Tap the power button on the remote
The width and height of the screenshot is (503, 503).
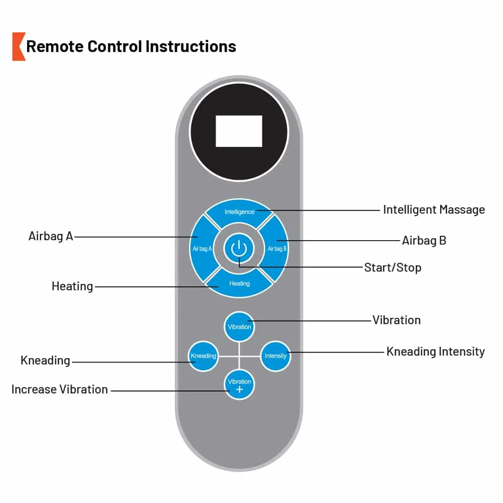[x=239, y=249]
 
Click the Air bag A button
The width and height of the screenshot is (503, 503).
[x=202, y=249]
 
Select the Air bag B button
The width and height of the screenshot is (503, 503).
[x=276, y=249]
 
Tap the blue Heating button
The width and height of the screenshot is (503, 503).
[x=239, y=283]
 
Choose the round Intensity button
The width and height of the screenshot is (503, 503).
[x=276, y=356]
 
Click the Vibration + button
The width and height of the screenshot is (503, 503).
[x=239, y=385]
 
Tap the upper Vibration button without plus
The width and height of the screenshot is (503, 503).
[x=239, y=327]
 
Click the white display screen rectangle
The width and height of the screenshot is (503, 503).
[x=239, y=131]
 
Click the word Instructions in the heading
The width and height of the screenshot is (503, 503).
[x=191, y=47]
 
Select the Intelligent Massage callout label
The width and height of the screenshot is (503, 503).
[x=434, y=210]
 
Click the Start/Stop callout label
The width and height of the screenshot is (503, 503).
[x=392, y=268]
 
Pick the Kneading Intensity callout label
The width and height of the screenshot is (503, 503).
[x=436, y=352]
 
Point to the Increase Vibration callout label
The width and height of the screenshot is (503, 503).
[x=59, y=390]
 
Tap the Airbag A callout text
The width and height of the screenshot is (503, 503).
[x=51, y=236]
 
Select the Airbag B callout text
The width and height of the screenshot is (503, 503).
[x=424, y=241]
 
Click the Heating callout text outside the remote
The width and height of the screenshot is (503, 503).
[x=73, y=286]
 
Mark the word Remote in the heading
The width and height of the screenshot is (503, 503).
[x=55, y=47]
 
